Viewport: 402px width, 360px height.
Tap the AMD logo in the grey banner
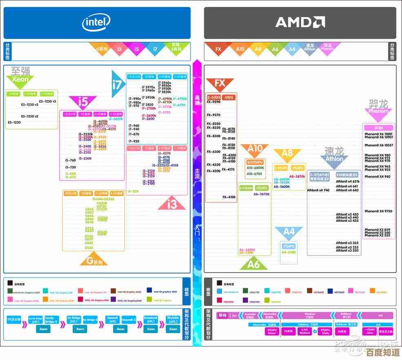[300, 22]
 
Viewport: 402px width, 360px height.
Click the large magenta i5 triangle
[83, 101]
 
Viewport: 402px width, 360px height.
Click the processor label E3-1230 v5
[48, 101]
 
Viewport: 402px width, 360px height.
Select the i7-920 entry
[134, 141]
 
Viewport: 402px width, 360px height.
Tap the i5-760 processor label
[71, 160]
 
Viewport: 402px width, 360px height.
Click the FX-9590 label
[213, 102]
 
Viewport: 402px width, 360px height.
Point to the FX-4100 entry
[229, 197]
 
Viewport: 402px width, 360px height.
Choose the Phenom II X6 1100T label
[378, 134]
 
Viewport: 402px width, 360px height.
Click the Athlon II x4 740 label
[318, 190]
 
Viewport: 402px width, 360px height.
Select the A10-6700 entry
[254, 174]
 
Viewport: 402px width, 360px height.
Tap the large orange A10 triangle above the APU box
[255, 150]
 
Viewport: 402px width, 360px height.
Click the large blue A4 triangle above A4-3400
[289, 233]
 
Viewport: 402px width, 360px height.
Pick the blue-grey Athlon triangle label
[334, 157]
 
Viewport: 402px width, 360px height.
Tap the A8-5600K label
[282, 187]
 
